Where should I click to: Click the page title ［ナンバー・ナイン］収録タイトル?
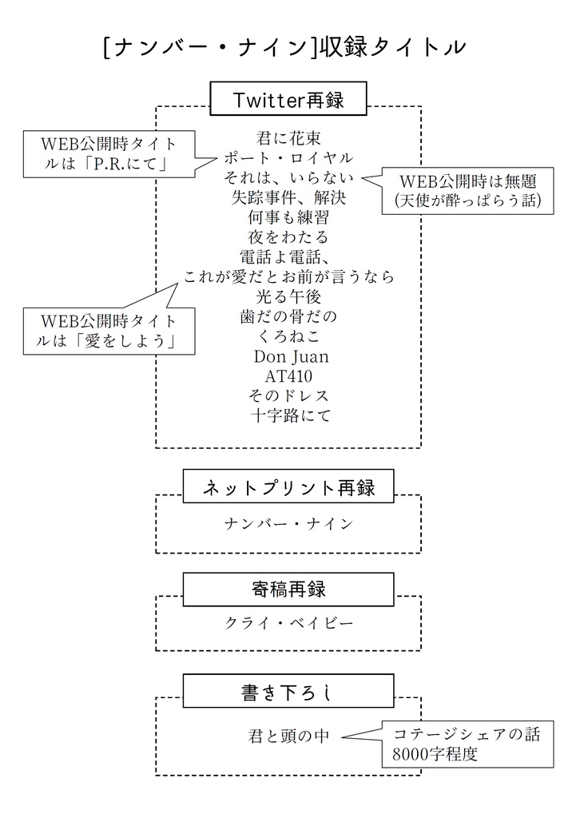[284, 48]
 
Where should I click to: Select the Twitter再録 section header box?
[288, 99]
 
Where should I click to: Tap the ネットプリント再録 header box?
[288, 486]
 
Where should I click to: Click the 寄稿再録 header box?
[288, 590]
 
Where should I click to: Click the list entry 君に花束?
[288, 137]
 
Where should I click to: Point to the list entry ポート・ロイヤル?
[288, 157]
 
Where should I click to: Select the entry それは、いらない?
[288, 177]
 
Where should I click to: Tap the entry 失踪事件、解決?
[288, 197]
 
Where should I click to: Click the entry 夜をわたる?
[288, 237]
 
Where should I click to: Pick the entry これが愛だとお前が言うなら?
[288, 277]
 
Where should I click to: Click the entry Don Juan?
[291, 356]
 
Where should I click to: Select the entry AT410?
[288, 375]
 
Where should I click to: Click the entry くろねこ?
[288, 336]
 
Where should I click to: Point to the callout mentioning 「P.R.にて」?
[109, 154]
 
